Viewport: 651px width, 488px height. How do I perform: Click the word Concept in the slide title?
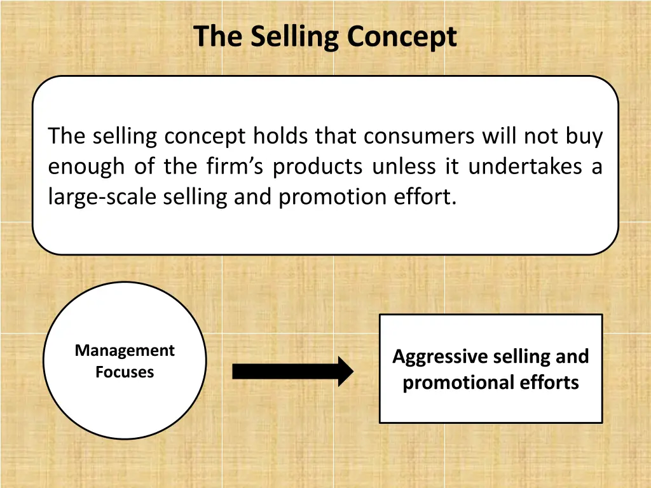(x=401, y=37)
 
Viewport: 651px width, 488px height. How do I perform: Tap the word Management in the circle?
(x=125, y=351)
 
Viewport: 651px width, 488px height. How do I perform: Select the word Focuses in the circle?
(x=125, y=372)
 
